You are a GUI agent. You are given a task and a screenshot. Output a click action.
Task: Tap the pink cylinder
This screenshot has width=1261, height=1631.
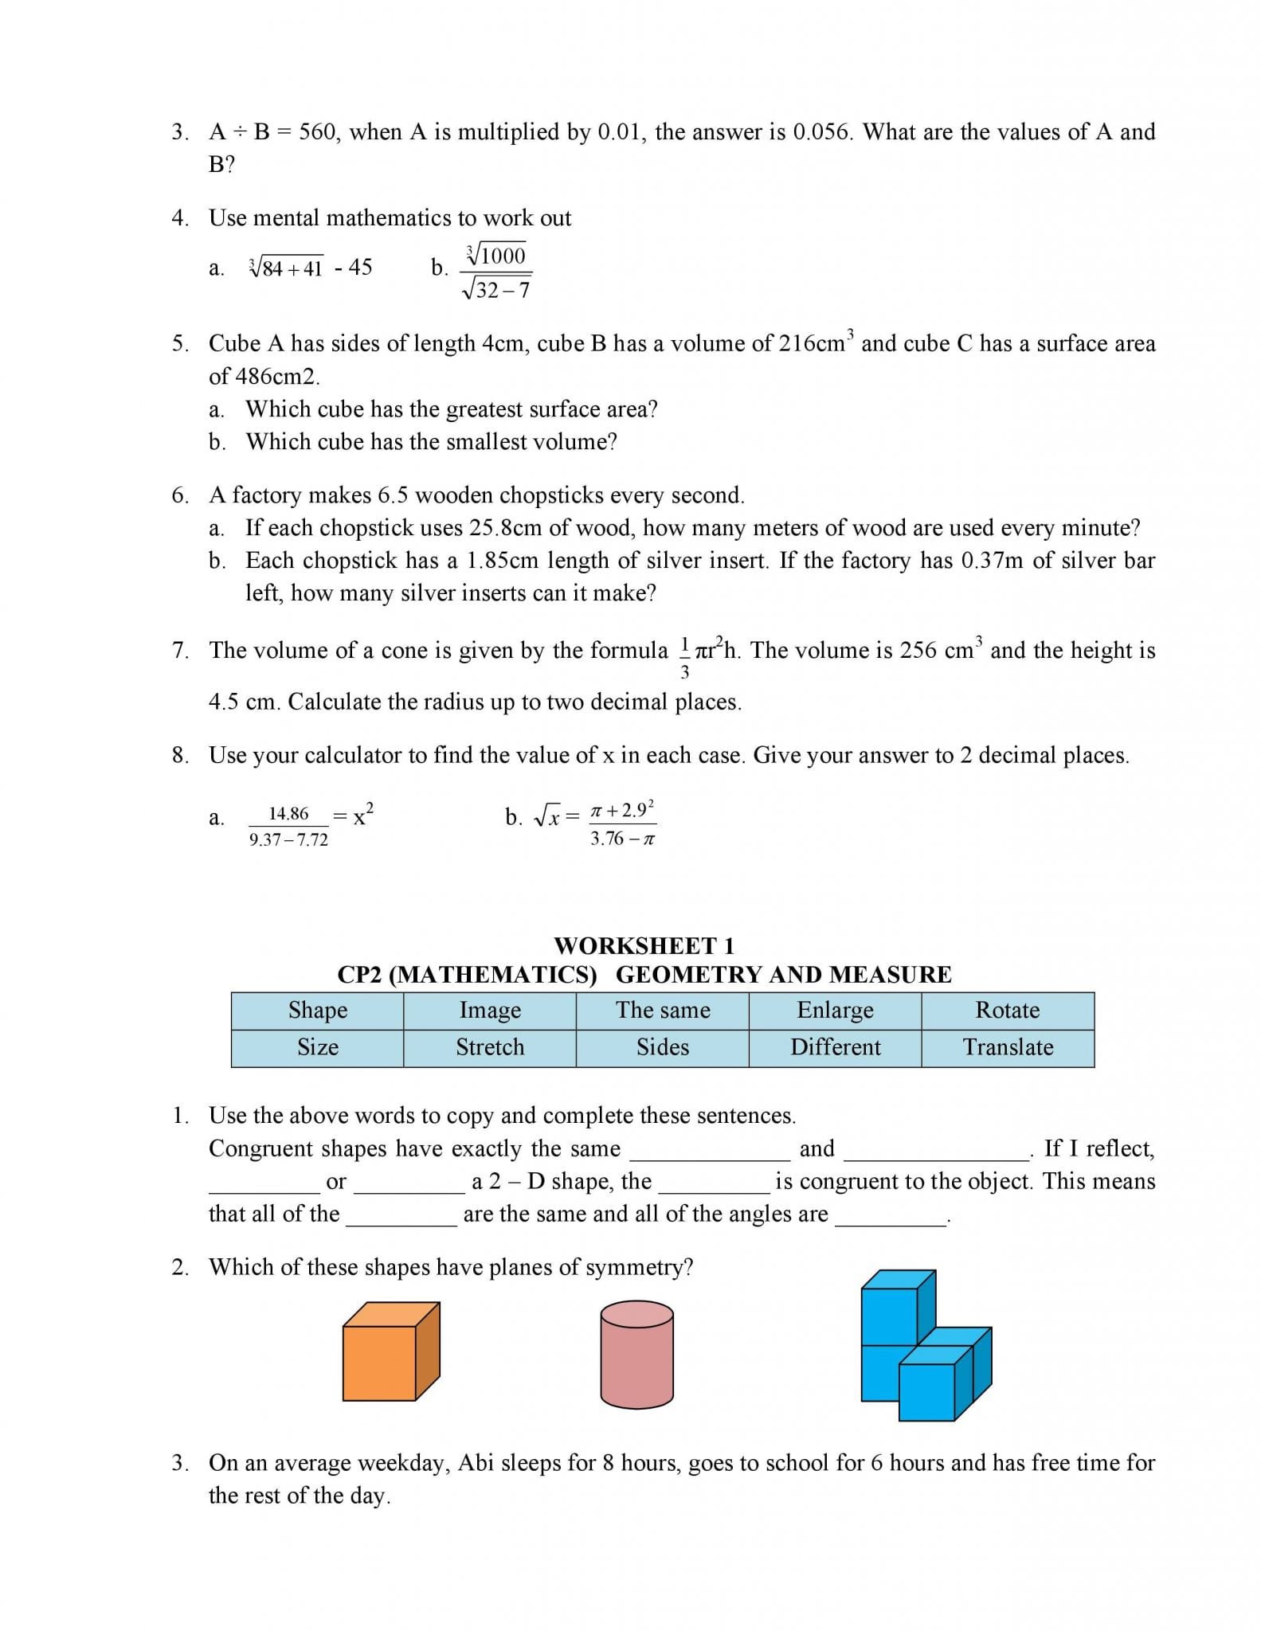click(x=636, y=1354)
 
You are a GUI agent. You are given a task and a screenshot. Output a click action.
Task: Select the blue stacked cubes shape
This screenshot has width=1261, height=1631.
click(x=924, y=1347)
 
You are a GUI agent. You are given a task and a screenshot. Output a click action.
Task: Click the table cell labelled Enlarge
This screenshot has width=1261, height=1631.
click(x=835, y=1011)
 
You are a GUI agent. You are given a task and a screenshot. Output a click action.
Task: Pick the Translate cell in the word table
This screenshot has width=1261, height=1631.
click(x=1008, y=1047)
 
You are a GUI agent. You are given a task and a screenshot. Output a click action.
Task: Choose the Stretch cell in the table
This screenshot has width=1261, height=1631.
click(x=490, y=1047)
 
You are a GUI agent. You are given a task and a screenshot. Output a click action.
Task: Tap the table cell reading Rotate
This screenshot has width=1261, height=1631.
click(x=1008, y=1011)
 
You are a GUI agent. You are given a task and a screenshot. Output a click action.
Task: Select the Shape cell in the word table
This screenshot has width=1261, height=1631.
click(x=318, y=1011)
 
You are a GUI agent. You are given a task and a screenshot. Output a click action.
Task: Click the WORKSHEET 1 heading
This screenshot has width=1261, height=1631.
click(x=644, y=946)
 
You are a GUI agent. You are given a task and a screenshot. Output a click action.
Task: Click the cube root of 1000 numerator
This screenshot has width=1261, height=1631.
click(x=496, y=256)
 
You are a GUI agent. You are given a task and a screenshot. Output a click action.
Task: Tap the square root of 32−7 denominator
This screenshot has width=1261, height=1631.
click(x=496, y=289)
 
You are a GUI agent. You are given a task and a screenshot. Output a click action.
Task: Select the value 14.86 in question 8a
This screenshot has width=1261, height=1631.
click(x=288, y=814)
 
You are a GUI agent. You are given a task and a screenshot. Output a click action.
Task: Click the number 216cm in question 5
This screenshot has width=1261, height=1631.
click(x=812, y=344)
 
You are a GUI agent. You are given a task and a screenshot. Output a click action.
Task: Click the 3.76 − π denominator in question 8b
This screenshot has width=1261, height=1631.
click(x=622, y=839)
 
